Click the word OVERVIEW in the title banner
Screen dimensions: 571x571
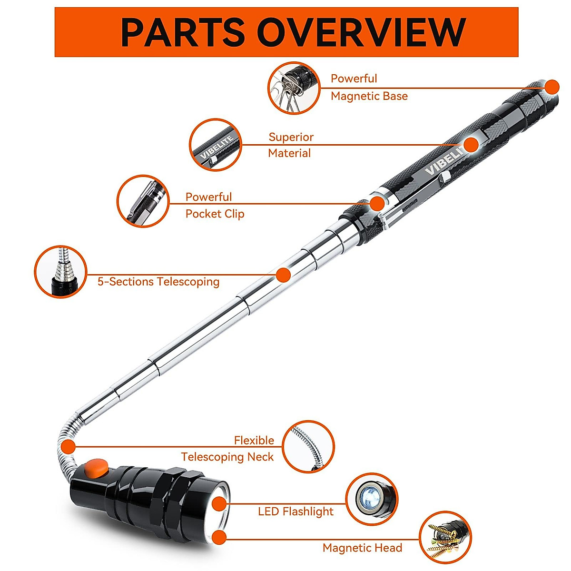362,32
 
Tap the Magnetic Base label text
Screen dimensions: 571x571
369,88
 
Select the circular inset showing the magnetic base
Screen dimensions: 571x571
294,88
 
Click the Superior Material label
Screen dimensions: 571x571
290,145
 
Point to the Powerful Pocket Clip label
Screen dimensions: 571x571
215,206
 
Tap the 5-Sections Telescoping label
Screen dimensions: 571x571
158,282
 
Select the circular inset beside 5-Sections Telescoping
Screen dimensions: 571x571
61,272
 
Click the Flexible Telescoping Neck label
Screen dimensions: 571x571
227,449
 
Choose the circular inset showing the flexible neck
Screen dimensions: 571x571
308,447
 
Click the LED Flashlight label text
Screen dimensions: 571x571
295,512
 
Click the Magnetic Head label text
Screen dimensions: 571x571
362,548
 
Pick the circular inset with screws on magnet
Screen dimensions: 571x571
445,537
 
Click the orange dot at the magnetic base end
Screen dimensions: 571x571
552,87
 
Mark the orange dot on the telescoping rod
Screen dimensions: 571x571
283,275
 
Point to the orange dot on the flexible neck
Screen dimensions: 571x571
69,447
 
